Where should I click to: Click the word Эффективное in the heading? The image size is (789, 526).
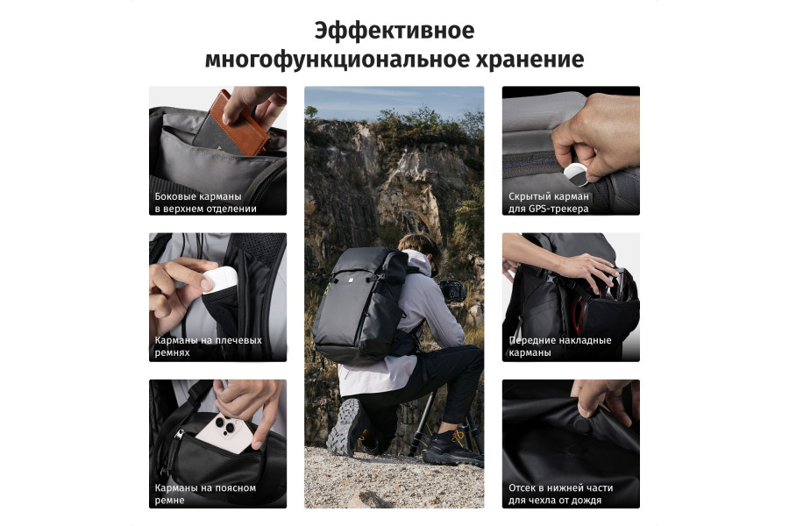pyautogui.click(x=394, y=31)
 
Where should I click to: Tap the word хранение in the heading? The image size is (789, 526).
pyautogui.click(x=530, y=60)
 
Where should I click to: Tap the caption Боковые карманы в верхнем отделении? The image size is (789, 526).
pyautogui.click(x=206, y=203)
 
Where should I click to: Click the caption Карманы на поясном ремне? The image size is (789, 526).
pyautogui.click(x=206, y=494)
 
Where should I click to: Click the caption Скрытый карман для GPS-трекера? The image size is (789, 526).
pyautogui.click(x=550, y=203)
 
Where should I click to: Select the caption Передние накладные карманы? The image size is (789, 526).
pyautogui.click(x=560, y=346)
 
